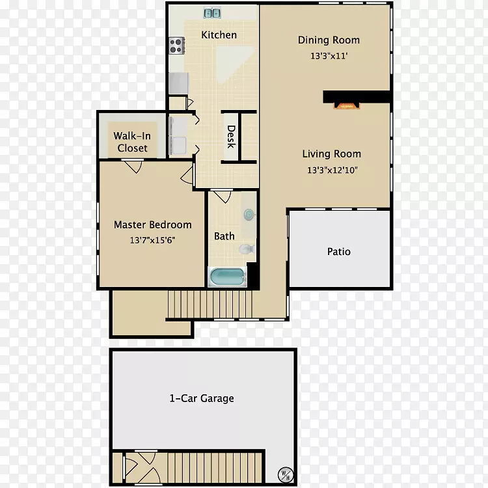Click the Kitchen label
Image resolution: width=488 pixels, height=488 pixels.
(x=219, y=35)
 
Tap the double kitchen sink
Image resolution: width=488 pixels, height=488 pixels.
(x=212, y=13)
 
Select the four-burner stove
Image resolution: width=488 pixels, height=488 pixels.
(x=176, y=46)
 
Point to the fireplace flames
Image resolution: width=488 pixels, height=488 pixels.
(x=347, y=106)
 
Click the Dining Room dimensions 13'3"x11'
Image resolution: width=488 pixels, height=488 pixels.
(x=329, y=56)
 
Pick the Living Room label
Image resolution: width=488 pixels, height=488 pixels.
(x=331, y=154)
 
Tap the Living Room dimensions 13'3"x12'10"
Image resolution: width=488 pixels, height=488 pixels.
(x=332, y=170)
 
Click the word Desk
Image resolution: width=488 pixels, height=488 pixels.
(x=231, y=137)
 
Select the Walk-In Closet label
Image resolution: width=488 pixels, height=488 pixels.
(x=132, y=142)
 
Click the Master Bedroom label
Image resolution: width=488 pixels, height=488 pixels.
(x=152, y=224)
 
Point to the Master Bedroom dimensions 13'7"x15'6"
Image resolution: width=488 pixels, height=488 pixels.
(x=152, y=240)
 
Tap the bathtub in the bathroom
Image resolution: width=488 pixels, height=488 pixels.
(x=228, y=277)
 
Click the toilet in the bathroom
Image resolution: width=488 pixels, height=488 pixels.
(x=247, y=249)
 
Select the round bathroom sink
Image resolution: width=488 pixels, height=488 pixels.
(x=249, y=215)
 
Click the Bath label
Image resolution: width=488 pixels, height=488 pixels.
(x=224, y=236)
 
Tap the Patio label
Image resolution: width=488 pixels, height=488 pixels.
(x=338, y=251)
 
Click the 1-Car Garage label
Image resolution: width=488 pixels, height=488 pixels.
(x=202, y=398)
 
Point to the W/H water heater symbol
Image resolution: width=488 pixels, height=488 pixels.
(x=285, y=475)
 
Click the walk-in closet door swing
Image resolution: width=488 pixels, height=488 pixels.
(x=133, y=166)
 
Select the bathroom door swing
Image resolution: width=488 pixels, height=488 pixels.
(x=222, y=196)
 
